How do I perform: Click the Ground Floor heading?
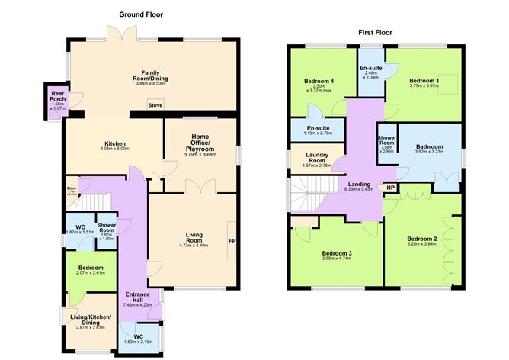click(x=140, y=14)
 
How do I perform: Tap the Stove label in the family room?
click(x=155, y=105)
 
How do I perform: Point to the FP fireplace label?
click(x=232, y=242)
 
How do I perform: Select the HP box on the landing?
click(x=391, y=188)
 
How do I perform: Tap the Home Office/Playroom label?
click(x=200, y=144)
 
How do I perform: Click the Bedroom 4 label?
click(x=319, y=80)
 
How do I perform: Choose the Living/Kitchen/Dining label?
click(x=91, y=320)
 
